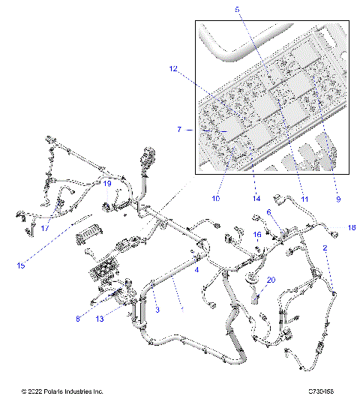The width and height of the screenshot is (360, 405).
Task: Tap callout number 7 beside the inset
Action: click(x=179, y=130)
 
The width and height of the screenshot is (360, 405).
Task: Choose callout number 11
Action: click(x=304, y=199)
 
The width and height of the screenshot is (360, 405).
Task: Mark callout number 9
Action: click(x=337, y=199)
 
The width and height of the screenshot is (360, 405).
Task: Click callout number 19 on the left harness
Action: click(x=107, y=183)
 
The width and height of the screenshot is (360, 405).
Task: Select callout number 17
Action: click(x=45, y=228)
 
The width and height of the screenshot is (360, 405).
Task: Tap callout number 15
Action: click(x=21, y=265)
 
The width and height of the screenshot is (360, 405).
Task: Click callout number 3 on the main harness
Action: click(x=157, y=309)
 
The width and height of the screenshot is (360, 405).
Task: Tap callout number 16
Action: click(x=257, y=235)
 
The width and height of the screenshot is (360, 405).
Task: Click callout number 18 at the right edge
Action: click(x=351, y=227)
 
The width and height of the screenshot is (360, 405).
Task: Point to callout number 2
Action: click(x=325, y=247)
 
